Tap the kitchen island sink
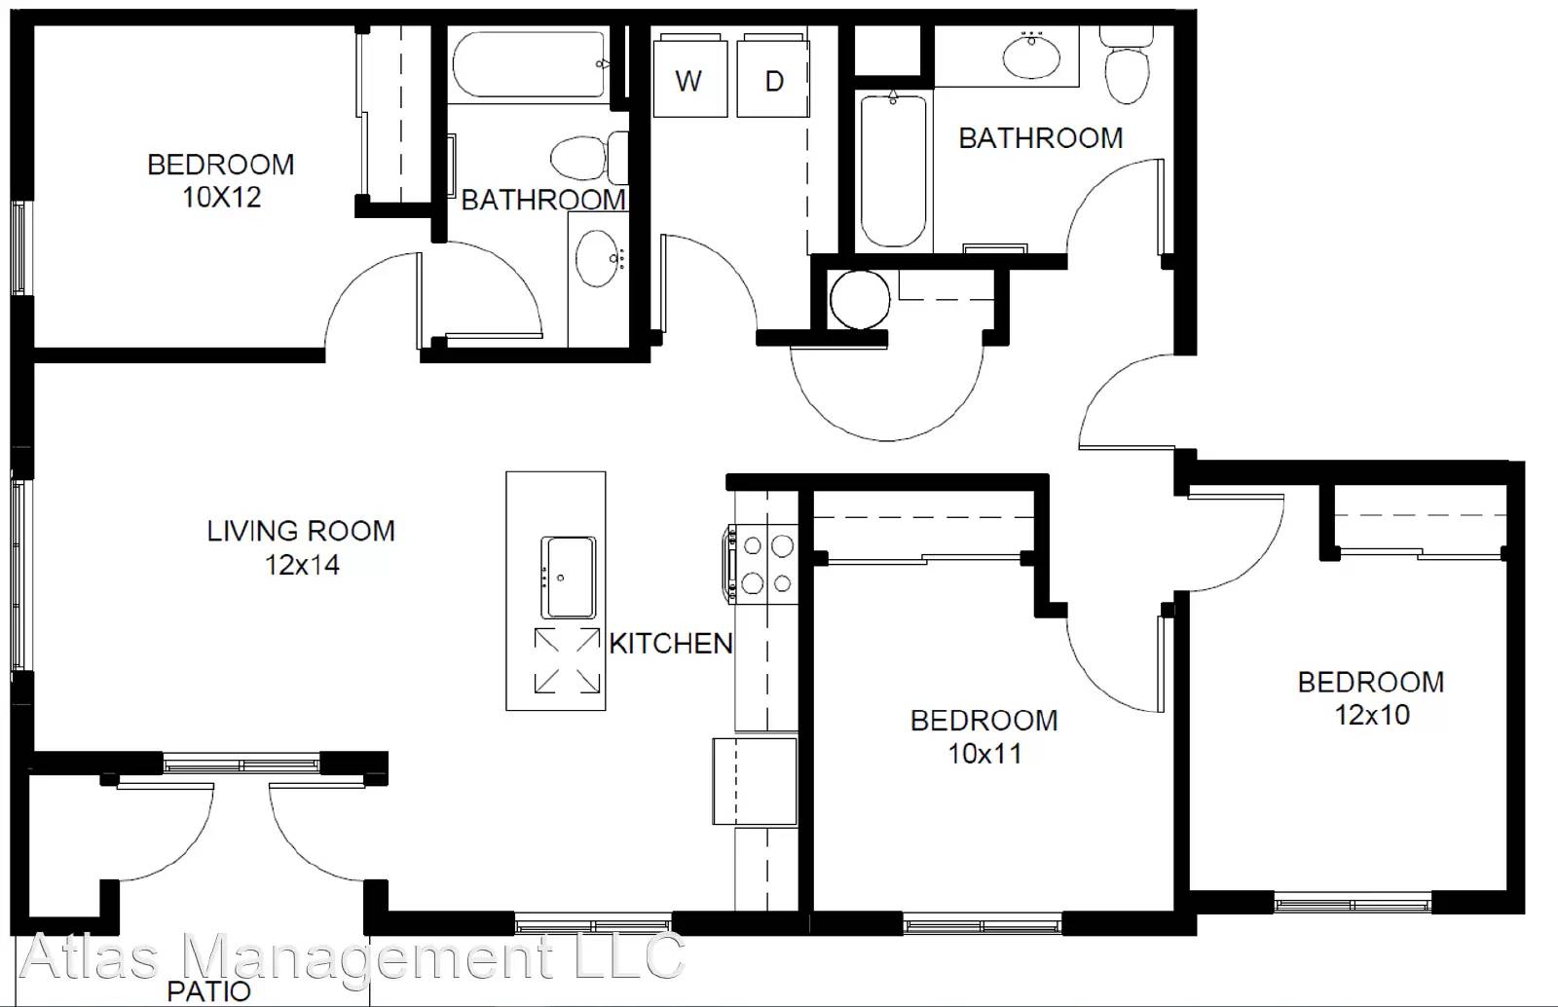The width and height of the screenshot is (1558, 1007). tap(569, 578)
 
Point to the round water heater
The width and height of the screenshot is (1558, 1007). tap(860, 300)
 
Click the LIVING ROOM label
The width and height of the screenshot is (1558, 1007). tap(301, 532)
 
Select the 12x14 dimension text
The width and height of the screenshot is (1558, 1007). tap(303, 565)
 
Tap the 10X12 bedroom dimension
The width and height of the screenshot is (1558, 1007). tap(222, 198)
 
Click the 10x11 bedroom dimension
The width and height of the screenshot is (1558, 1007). tap(984, 754)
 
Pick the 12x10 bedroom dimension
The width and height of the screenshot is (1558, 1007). tap(1372, 715)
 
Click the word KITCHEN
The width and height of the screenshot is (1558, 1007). tap(671, 644)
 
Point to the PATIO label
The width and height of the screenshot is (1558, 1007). tap(208, 991)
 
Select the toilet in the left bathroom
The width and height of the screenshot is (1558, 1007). tap(589, 158)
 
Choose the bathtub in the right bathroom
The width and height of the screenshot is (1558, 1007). tap(894, 170)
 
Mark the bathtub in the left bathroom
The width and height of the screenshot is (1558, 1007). tap(530, 64)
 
